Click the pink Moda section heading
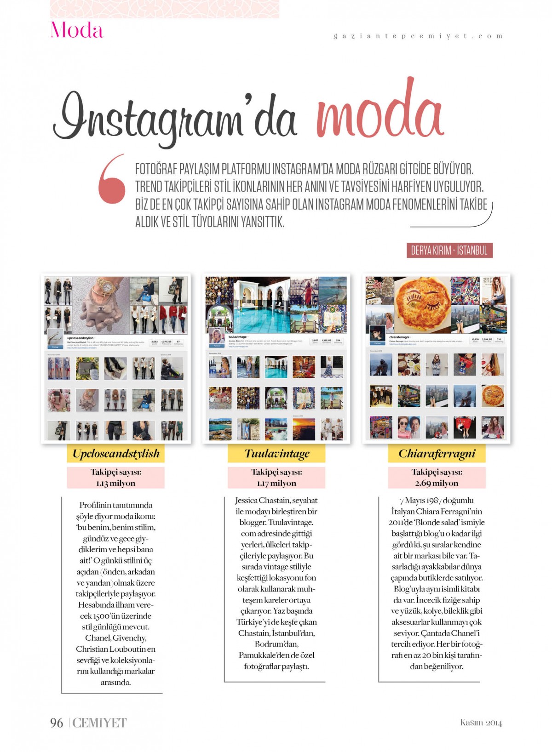tap(77, 30)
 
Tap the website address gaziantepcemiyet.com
tap(418, 36)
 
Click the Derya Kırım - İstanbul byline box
tap(449, 251)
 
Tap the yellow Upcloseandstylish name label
tap(116, 454)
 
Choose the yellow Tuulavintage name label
tap(276, 454)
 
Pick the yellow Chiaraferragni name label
tap(437, 454)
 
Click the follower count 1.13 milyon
tap(116, 483)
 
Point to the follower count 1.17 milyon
tap(276, 483)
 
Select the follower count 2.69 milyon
tap(437, 483)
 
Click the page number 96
tap(57, 723)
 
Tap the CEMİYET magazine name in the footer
tap(99, 723)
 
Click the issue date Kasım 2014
tap(481, 723)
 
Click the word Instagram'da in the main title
tap(175, 117)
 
